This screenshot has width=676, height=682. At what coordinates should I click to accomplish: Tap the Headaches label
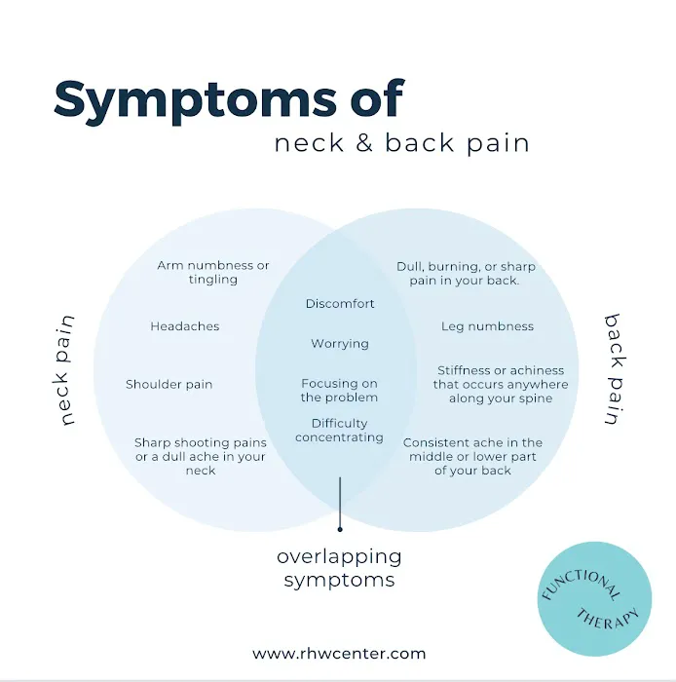coord(185,326)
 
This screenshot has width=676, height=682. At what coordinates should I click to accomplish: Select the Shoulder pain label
coord(169,384)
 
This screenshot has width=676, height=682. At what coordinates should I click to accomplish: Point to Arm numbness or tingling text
coord(213,272)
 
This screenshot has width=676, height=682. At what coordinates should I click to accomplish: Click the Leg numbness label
coord(487,326)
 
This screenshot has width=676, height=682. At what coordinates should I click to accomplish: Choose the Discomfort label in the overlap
coord(340,304)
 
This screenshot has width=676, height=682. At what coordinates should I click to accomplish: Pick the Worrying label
coord(340,344)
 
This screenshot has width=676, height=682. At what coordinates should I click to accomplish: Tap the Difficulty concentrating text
coord(340,431)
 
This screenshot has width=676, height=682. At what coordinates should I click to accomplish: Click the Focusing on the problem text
coord(339,391)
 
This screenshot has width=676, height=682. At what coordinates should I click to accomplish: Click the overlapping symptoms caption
coord(339,568)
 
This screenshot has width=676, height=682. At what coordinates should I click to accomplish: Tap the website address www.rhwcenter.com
coord(339,654)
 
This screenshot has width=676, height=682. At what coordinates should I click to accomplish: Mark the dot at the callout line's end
coord(339,529)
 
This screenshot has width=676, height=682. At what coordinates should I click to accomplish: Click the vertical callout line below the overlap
coord(339,502)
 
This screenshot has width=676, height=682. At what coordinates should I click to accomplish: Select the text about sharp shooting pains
coord(201,456)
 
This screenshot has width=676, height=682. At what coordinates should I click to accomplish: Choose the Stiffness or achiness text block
coord(501,384)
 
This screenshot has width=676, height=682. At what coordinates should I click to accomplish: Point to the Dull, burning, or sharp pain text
coord(466,273)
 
